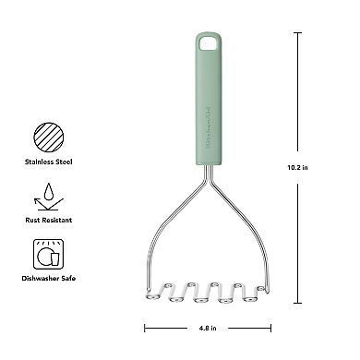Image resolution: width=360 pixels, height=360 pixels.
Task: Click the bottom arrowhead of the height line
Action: [x=298, y=301]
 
